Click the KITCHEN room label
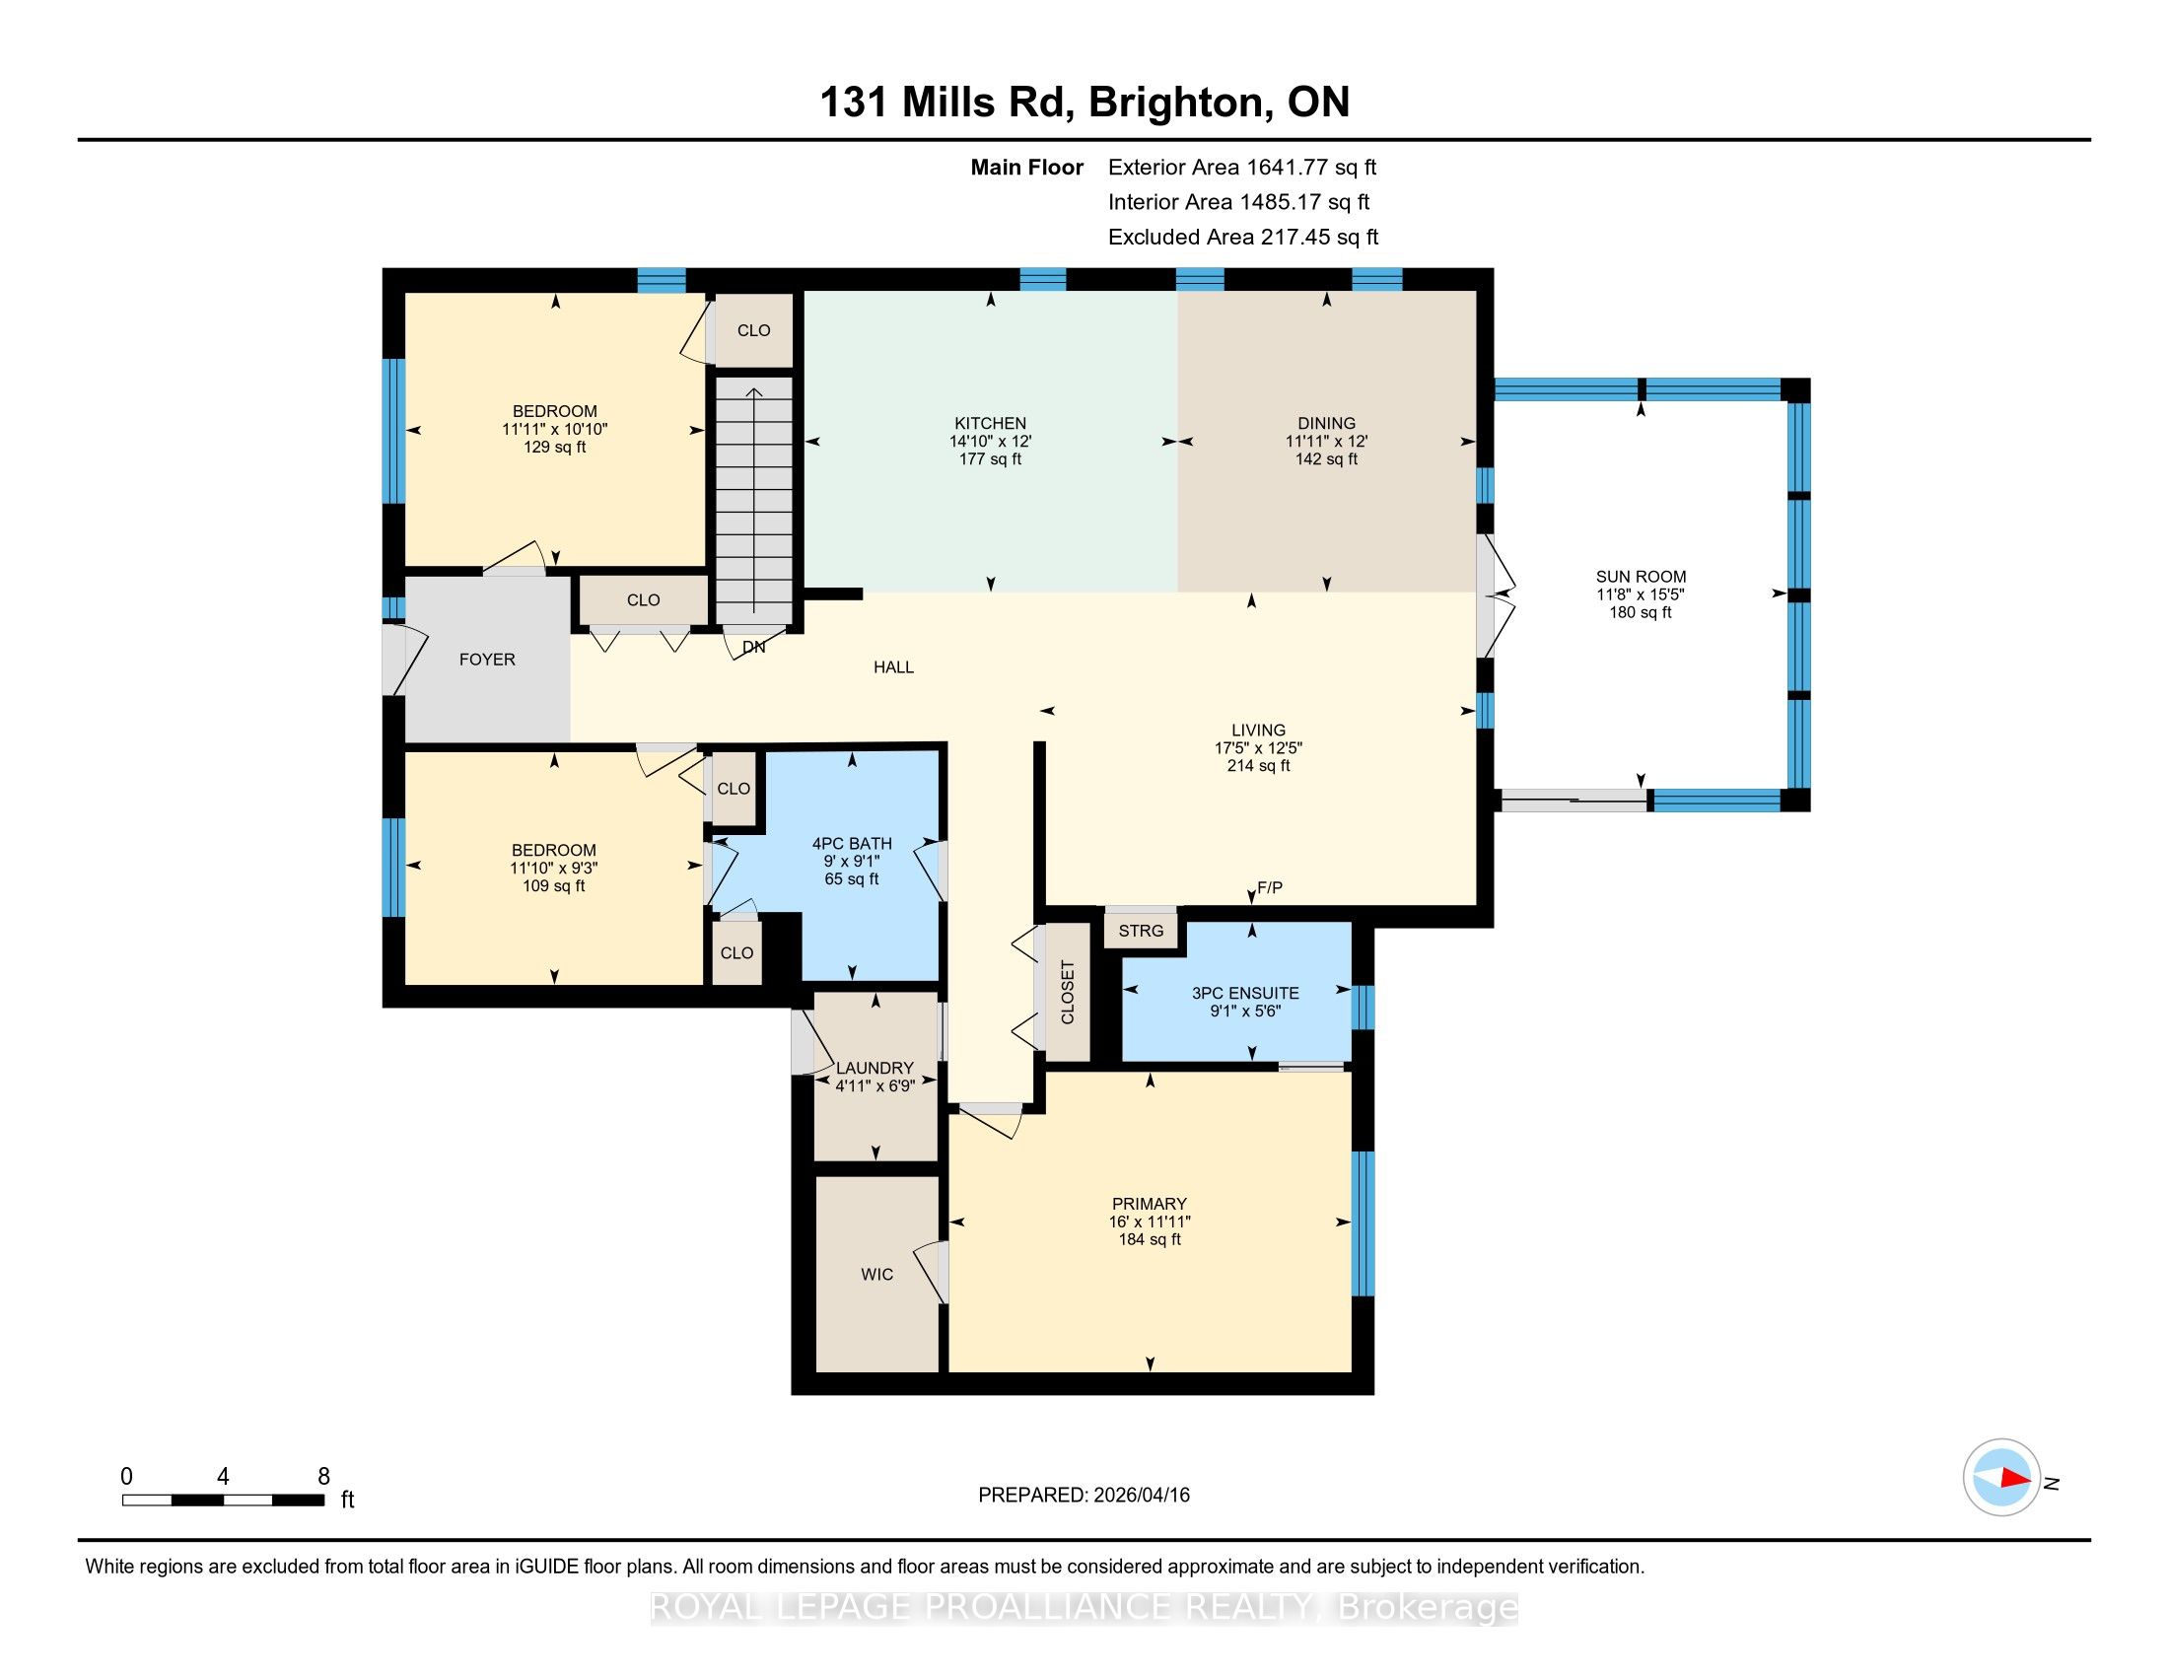(x=990, y=423)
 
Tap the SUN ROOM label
(x=1641, y=577)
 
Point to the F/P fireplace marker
(x=1270, y=888)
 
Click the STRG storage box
(x=1141, y=931)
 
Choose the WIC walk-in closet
(x=876, y=1274)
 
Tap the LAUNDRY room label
(x=875, y=1069)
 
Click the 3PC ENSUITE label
(x=1245, y=993)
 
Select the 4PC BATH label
(x=852, y=844)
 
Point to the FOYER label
(x=487, y=660)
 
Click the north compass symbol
(x=2001, y=1477)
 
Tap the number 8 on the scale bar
(x=323, y=1477)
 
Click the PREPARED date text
(x=1084, y=1496)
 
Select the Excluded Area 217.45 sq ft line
(x=1243, y=238)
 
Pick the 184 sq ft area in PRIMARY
(x=1150, y=1239)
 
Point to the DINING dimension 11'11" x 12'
(x=1327, y=441)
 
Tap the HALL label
(x=894, y=667)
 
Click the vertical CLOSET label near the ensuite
(x=1068, y=992)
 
